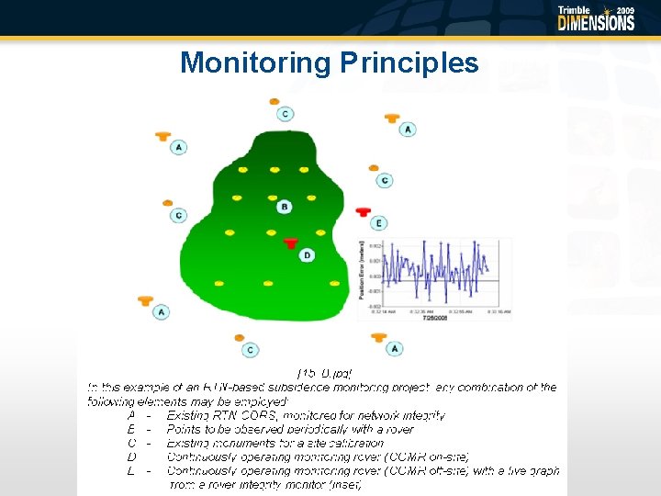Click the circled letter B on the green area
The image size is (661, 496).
tap(285, 207)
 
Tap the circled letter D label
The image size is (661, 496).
tap(307, 254)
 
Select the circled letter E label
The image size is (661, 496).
tap(379, 223)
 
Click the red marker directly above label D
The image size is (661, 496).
tap(291, 242)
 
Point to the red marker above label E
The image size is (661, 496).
tap(363, 211)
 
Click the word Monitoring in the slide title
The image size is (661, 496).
tap(255, 62)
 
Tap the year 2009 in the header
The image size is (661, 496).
tap(624, 10)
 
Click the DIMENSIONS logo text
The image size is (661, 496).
tap(596, 23)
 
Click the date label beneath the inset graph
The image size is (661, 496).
tap(433, 318)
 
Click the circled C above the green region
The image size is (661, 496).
tap(286, 114)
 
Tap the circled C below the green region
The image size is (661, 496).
tap(251, 350)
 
